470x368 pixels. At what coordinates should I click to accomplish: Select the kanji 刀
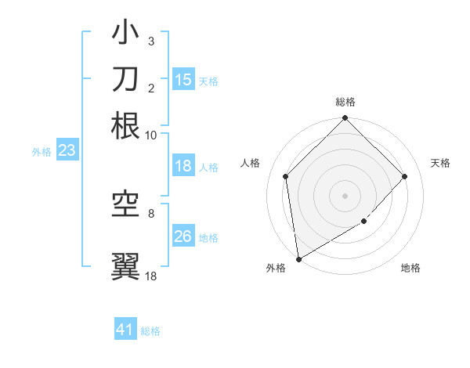pyautogui.click(x=126, y=79)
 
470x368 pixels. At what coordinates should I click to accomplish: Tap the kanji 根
pyautogui.click(x=126, y=125)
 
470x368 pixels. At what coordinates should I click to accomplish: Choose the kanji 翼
pyautogui.click(x=126, y=265)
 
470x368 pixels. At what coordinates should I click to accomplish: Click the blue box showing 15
pyautogui.click(x=183, y=80)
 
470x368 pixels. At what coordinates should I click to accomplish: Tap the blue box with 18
pyautogui.click(x=183, y=166)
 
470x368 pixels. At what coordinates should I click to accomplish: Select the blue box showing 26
pyautogui.click(x=183, y=236)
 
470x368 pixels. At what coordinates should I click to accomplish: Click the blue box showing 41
pyautogui.click(x=125, y=330)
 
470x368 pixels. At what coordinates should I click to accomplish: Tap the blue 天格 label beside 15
pyautogui.click(x=208, y=81)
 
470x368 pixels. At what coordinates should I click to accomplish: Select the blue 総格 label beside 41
pyautogui.click(x=150, y=331)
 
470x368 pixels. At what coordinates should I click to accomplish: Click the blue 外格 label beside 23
pyautogui.click(x=42, y=152)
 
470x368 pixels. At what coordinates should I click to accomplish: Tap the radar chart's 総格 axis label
pyautogui.click(x=345, y=102)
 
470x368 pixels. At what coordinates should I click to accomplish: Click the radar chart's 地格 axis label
pyautogui.click(x=410, y=269)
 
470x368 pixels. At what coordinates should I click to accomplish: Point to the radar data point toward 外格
pyautogui.click(x=298, y=259)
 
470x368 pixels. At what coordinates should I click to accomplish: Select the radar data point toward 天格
pyautogui.click(x=405, y=176)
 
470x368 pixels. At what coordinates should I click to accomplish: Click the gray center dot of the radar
pyautogui.click(x=345, y=195)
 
